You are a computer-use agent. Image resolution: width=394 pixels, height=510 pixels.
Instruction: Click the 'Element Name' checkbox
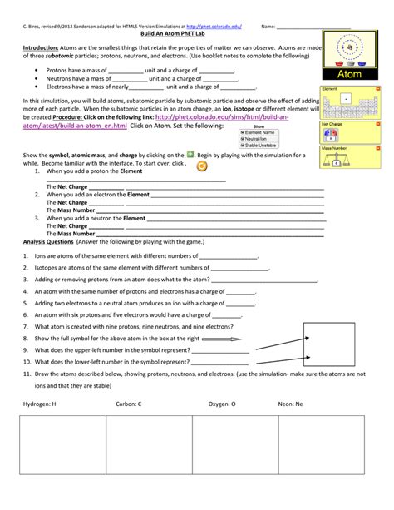point(242,132)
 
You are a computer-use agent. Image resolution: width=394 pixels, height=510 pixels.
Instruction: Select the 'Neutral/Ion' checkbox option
point(242,138)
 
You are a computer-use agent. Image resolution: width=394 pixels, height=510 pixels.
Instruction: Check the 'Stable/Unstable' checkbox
point(242,144)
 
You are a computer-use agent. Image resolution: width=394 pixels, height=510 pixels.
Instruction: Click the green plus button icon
point(190,154)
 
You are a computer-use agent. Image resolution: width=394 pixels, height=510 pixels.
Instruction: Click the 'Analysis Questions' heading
point(52,241)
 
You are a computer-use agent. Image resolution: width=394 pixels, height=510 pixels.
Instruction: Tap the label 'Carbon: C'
point(124,404)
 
